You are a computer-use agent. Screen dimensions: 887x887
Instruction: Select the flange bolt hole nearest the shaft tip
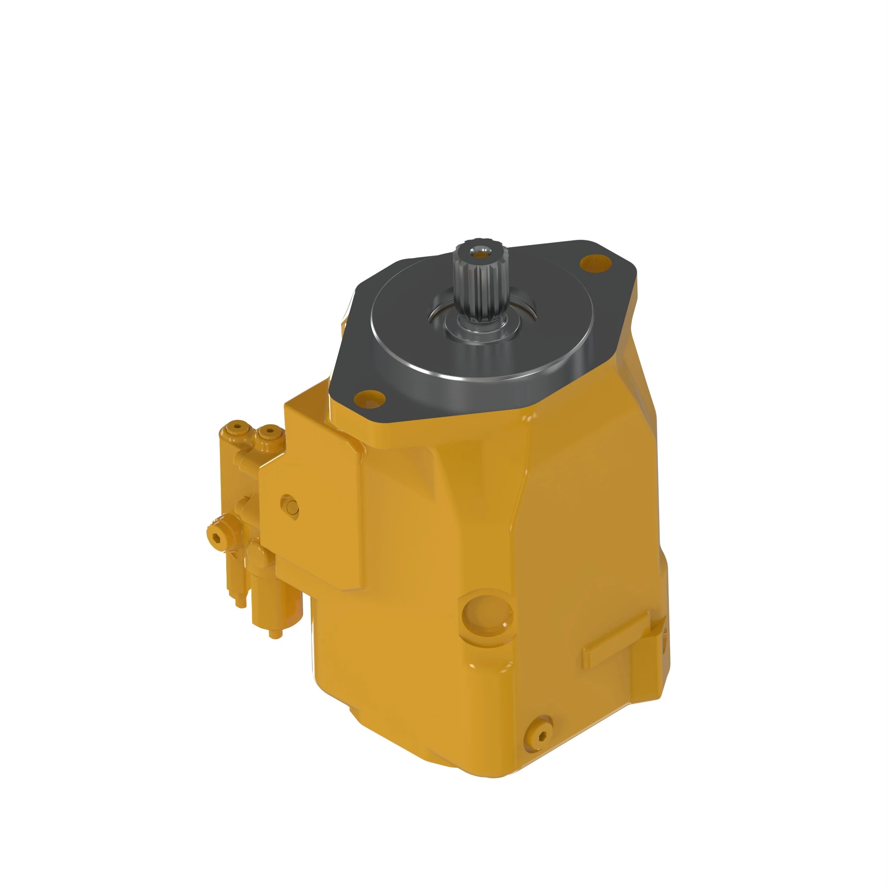pyautogui.click(x=595, y=263)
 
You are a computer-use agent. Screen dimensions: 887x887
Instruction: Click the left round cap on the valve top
pyautogui.click(x=236, y=428)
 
